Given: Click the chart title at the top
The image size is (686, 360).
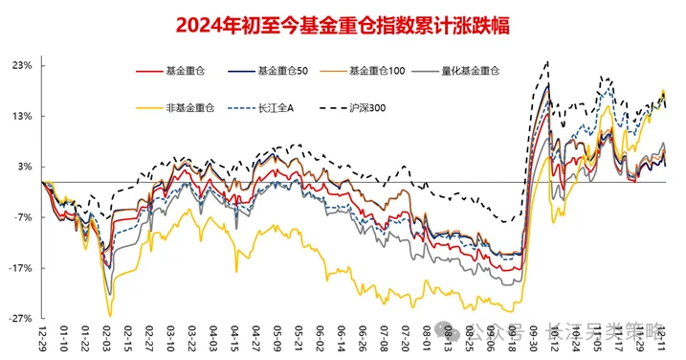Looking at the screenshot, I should (343, 26).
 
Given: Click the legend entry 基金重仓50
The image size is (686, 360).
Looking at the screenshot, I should (282, 71).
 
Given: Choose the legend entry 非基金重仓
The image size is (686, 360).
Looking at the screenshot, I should (190, 105).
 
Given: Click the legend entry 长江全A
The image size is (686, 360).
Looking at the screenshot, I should (277, 105).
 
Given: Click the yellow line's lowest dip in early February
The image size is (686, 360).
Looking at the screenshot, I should (110, 315).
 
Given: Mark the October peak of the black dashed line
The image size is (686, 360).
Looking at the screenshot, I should (546, 62).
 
